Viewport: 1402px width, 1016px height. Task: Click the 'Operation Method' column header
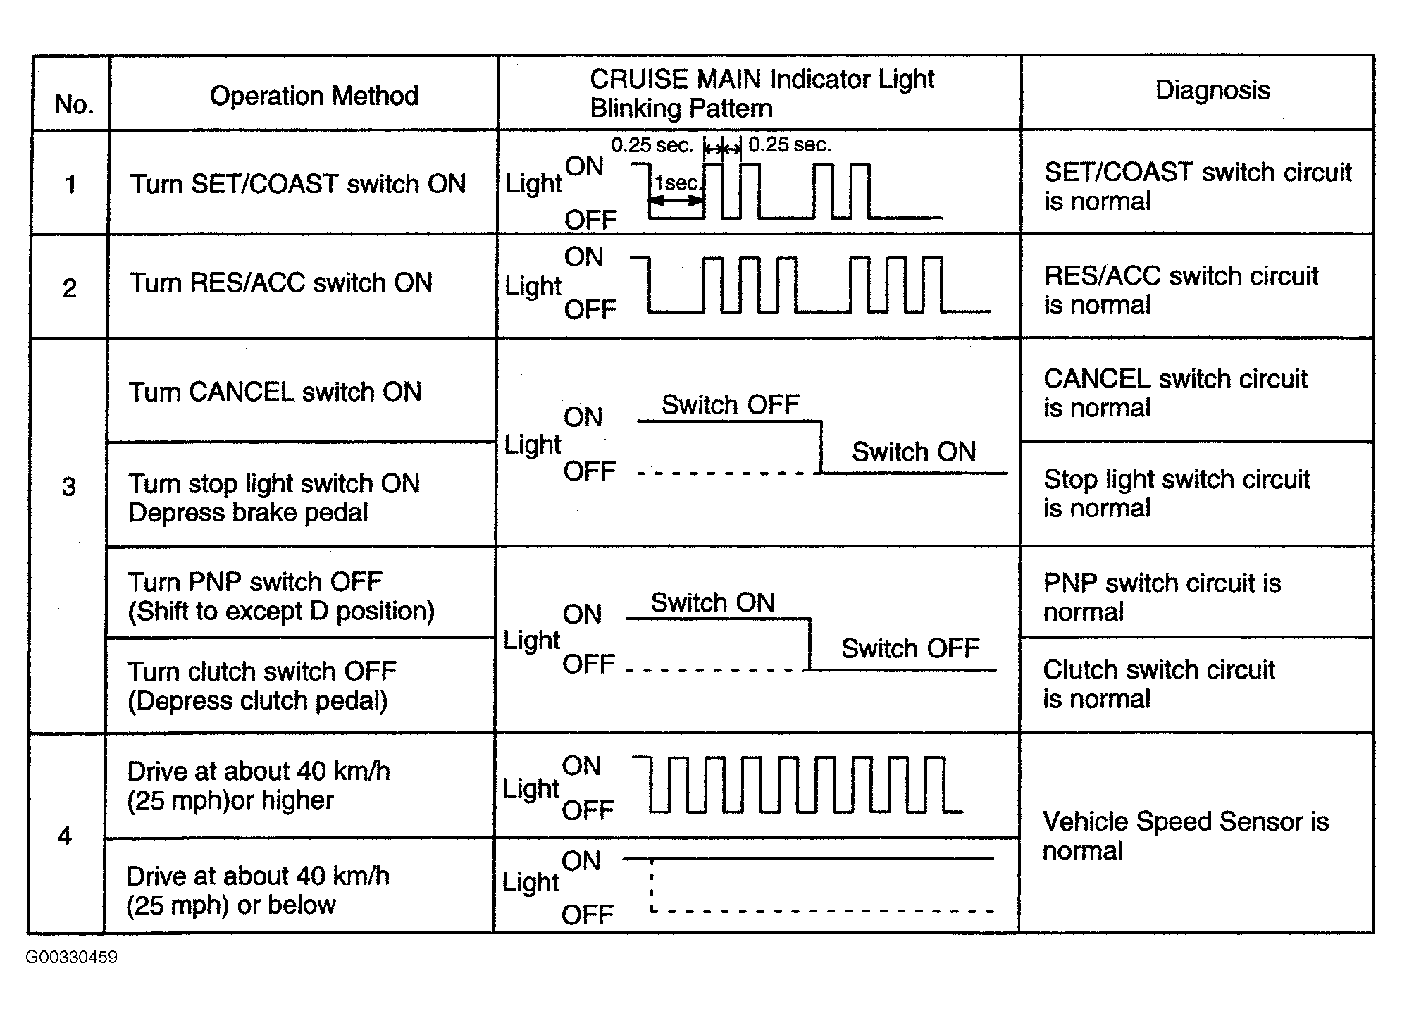[x=314, y=96]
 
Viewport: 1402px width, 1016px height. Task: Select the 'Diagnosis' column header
[x=1212, y=90]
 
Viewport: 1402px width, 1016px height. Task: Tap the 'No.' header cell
[x=74, y=104]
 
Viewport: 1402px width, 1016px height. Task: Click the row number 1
[x=70, y=185]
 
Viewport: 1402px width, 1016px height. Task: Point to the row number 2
[x=70, y=288]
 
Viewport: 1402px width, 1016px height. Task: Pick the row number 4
[x=65, y=836]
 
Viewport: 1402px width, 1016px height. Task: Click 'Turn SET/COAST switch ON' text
[x=298, y=184]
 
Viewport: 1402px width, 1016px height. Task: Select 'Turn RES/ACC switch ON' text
[x=281, y=283]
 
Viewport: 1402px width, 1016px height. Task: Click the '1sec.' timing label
[x=678, y=183]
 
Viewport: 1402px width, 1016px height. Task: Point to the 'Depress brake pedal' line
[x=248, y=512]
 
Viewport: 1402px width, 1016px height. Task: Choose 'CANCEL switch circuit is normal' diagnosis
[x=1175, y=393]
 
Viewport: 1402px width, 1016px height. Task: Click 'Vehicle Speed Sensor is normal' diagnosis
[x=1186, y=836]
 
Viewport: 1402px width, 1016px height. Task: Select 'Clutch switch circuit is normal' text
[x=1159, y=684]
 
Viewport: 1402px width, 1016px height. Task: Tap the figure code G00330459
[x=72, y=958]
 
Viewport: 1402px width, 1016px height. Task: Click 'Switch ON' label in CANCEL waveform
[x=914, y=452]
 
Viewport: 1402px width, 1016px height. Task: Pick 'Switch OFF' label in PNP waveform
[x=910, y=648]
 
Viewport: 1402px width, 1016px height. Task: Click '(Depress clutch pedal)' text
[x=258, y=701]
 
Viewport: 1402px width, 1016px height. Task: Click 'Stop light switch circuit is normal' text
[x=1177, y=494]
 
